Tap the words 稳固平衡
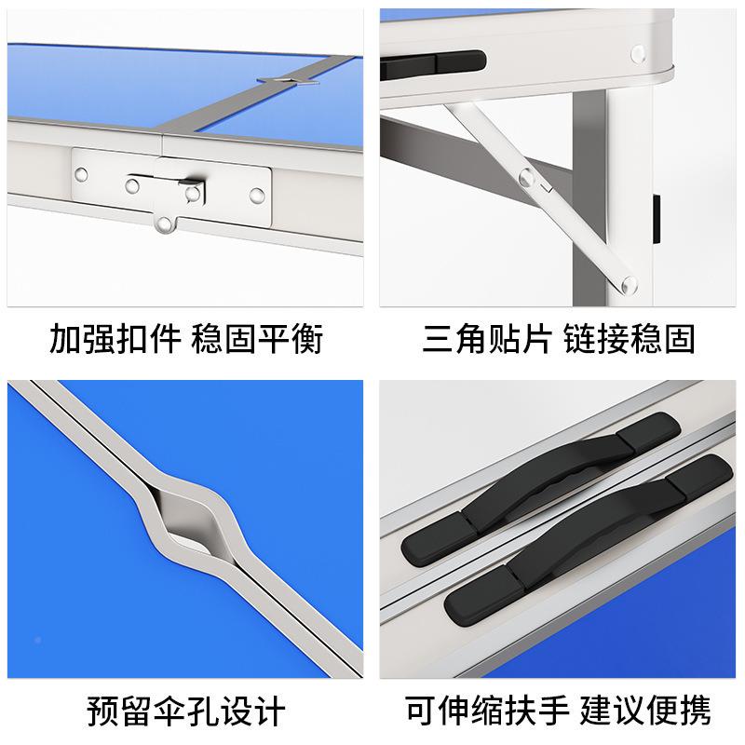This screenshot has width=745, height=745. [257, 339]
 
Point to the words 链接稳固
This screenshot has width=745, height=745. [630, 339]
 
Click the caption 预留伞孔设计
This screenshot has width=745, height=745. [185, 713]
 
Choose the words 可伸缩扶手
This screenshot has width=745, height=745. [485, 713]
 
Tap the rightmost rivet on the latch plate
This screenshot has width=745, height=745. [255, 197]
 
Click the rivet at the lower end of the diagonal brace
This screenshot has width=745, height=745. [630, 283]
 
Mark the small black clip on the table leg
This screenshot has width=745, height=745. [657, 213]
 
